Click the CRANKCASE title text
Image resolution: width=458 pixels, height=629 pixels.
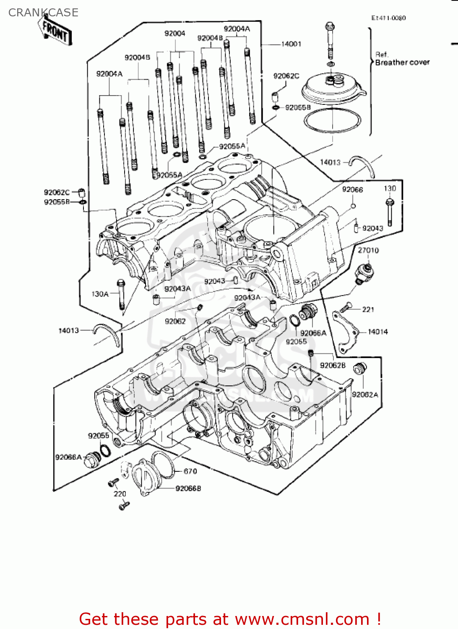[43, 13]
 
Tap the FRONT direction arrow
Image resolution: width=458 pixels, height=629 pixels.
[56, 31]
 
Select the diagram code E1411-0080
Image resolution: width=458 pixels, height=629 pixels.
[388, 18]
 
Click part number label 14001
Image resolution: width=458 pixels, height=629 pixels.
[291, 44]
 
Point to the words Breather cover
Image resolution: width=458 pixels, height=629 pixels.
[402, 62]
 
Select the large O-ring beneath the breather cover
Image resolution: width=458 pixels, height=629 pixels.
[332, 120]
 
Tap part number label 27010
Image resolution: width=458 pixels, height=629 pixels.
[368, 250]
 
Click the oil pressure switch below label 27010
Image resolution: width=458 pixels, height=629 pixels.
[363, 273]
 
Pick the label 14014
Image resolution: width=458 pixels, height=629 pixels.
[378, 332]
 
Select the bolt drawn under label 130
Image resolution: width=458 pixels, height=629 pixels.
[390, 212]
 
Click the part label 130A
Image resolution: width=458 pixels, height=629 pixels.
[100, 294]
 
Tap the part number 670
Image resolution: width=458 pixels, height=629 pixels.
[190, 471]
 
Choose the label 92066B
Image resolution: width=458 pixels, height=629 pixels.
[188, 489]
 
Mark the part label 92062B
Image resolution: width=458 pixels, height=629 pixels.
[333, 365]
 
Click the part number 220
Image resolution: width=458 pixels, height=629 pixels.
[120, 494]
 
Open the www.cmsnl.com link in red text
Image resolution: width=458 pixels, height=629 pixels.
[302, 619]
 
